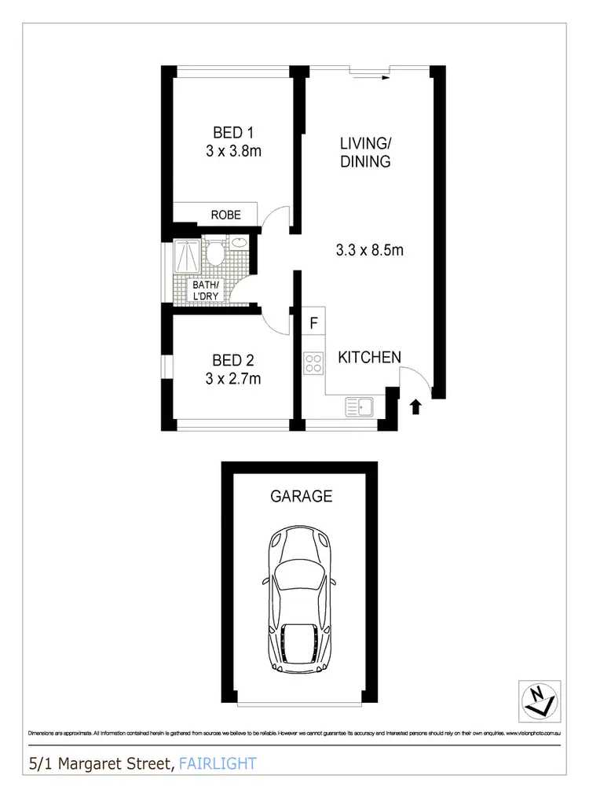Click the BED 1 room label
pos(233,132)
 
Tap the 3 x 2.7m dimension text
pos(233,379)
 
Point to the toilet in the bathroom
pos(214,252)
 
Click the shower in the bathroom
pos(186,256)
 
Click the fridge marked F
pos(313,323)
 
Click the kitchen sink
pos(360,407)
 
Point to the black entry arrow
pos(415,406)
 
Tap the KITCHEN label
pos(369,357)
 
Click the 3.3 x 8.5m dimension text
pos(369,251)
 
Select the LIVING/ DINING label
pos(365,153)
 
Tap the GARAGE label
pos(301,496)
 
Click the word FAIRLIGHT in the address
pos(218,763)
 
